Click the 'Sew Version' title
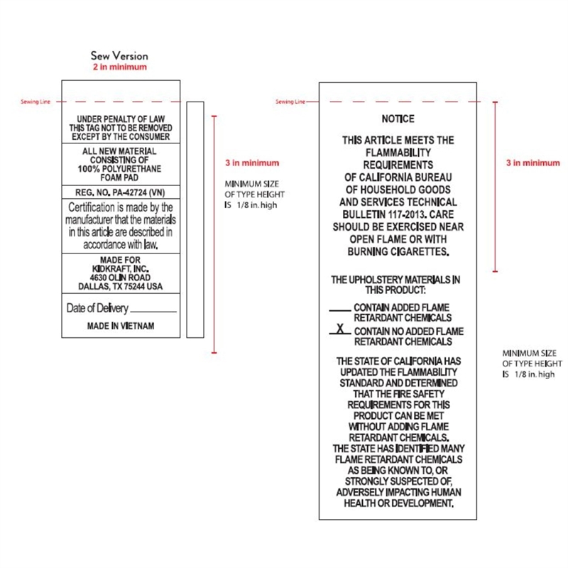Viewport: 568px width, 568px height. point(119,55)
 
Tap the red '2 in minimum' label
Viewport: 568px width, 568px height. point(119,67)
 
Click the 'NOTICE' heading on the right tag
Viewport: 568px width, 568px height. point(398,119)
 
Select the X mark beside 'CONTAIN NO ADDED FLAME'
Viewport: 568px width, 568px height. point(341,329)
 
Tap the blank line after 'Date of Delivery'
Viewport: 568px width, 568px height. point(153,310)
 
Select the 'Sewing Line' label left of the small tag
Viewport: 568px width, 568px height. point(35,102)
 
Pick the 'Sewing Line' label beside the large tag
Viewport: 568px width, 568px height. point(290,102)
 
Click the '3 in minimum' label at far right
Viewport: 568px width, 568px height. point(532,163)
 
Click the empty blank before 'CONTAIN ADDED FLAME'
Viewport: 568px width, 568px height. point(340,309)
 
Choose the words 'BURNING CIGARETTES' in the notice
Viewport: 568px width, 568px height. point(398,251)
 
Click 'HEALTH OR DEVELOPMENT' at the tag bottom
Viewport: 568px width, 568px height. point(398,503)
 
